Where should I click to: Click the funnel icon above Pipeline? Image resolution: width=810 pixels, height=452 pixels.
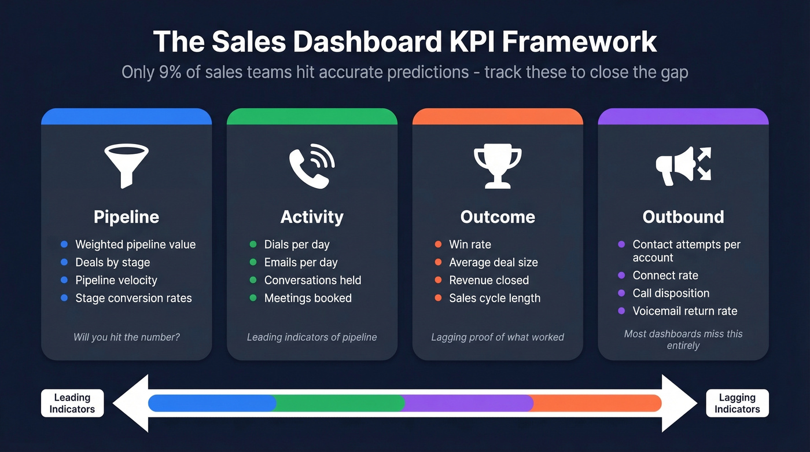126,166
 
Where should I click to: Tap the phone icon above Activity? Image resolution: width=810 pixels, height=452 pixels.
312,166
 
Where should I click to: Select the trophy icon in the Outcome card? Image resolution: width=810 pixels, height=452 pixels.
498,167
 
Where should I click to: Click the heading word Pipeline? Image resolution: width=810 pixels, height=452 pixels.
126,217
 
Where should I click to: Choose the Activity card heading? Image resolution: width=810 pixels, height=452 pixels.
312,217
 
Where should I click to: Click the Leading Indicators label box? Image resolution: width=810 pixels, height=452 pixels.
72,403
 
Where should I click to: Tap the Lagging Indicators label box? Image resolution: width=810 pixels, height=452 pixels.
737,403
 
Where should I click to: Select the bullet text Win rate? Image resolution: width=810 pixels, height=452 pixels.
470,244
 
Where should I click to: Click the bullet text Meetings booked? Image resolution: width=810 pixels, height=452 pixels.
308,298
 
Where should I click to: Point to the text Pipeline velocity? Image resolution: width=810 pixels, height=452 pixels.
116,280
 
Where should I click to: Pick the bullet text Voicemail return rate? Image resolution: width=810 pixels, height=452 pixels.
685,311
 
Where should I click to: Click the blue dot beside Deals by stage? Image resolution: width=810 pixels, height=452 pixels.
64,262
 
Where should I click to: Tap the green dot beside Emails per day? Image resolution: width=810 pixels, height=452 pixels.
253,262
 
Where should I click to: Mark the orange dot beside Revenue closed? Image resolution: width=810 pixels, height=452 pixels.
438,280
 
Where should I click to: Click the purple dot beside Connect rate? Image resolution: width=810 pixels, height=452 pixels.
621,275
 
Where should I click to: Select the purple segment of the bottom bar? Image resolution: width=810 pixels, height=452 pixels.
467,403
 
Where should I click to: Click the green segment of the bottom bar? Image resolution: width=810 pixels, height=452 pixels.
339,403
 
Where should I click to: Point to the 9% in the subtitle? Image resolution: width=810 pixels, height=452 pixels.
160,72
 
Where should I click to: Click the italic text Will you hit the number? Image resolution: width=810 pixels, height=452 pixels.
126,337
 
